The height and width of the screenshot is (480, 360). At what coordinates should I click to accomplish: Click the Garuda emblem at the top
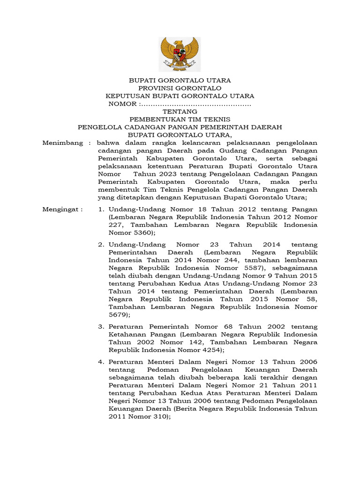click(180, 54)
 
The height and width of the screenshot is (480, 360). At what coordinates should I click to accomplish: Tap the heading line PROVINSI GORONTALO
click(180, 88)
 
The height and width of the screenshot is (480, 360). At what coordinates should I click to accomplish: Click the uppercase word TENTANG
click(180, 112)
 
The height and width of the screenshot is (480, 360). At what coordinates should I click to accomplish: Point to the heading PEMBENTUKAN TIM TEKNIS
click(180, 120)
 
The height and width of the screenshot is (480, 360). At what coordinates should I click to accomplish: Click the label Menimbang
click(63, 142)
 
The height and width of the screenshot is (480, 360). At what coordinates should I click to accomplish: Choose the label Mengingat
click(62, 209)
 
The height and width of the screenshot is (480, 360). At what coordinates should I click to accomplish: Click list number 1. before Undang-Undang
click(101, 209)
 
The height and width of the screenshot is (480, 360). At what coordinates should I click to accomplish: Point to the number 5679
click(119, 315)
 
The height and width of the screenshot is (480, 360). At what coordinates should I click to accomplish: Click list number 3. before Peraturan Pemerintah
click(101, 326)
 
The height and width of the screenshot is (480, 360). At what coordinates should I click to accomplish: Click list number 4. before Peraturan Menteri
click(101, 362)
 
